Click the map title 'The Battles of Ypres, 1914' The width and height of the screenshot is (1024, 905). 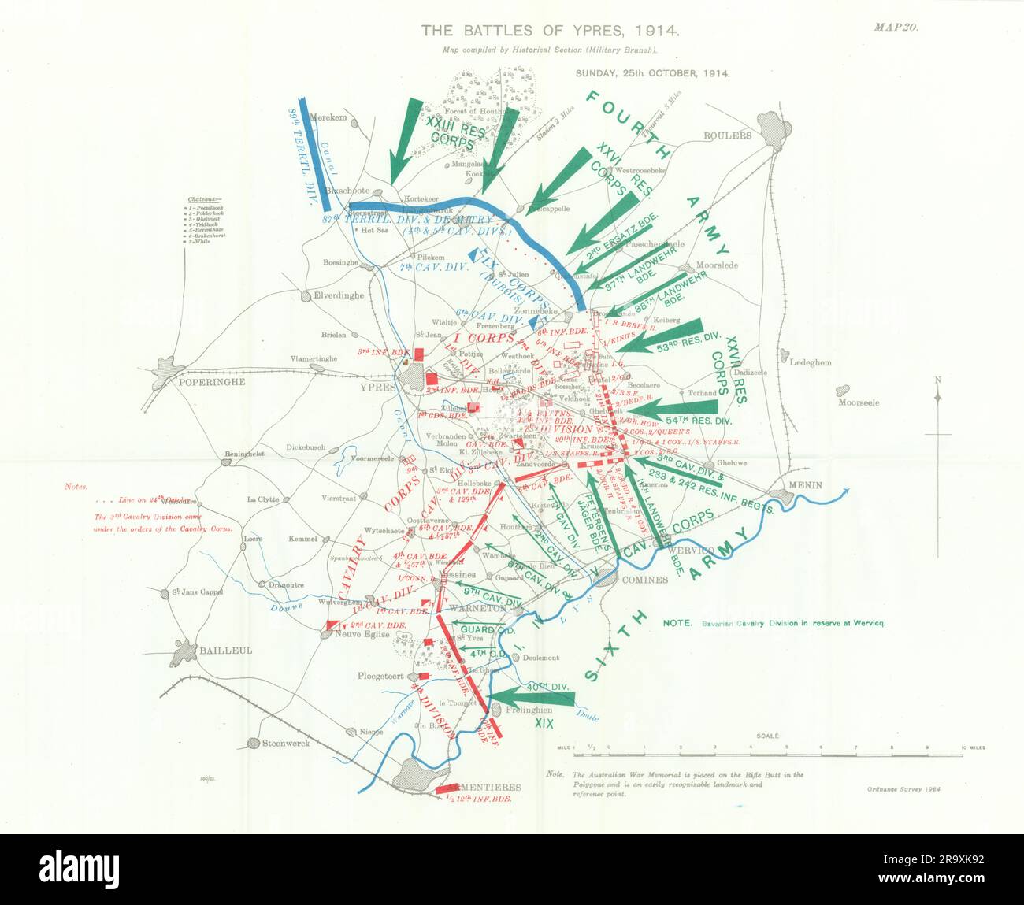click(x=549, y=31)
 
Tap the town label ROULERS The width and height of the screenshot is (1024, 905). click(x=728, y=135)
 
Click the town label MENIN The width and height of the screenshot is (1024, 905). click(x=801, y=485)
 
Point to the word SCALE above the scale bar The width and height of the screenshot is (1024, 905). click(x=768, y=736)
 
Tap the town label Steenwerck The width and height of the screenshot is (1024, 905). click(x=286, y=743)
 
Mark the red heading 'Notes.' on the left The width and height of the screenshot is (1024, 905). click(x=76, y=488)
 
